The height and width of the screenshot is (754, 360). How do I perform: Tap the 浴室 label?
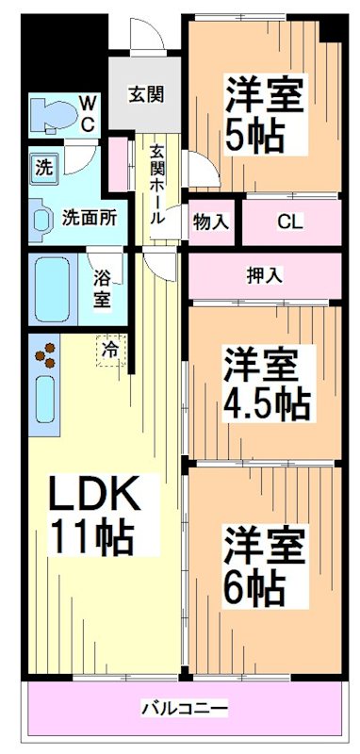click(103, 288)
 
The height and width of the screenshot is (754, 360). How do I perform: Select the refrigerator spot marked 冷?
click(110, 350)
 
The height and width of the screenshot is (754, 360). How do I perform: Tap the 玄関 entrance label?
click(146, 94)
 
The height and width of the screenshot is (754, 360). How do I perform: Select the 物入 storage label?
click(210, 222)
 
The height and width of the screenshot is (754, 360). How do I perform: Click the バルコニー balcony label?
click(184, 707)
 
